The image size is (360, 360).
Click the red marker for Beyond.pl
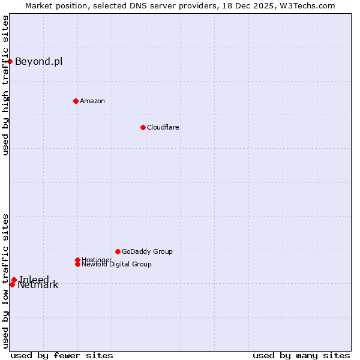click(10, 61)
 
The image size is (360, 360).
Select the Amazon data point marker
click(76, 101)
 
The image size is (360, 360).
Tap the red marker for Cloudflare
click(143, 127)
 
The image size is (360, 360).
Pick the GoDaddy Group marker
click(118, 251)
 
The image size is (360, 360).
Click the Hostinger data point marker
click(77, 260)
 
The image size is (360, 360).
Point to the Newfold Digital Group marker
click(77, 264)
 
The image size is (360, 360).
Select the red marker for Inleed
click(14, 280)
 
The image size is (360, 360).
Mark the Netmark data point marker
click(12, 284)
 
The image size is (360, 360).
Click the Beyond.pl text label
click(38, 61)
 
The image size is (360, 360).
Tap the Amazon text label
click(92, 101)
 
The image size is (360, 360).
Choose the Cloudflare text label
click(163, 127)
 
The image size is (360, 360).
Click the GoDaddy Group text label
click(147, 251)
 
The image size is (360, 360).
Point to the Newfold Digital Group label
click(117, 265)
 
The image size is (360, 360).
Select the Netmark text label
click(38, 286)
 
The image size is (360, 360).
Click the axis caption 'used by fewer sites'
click(62, 355)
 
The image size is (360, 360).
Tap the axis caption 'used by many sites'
click(301, 355)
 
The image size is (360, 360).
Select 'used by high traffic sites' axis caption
click(5, 86)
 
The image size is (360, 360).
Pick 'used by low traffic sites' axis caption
click(5, 281)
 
